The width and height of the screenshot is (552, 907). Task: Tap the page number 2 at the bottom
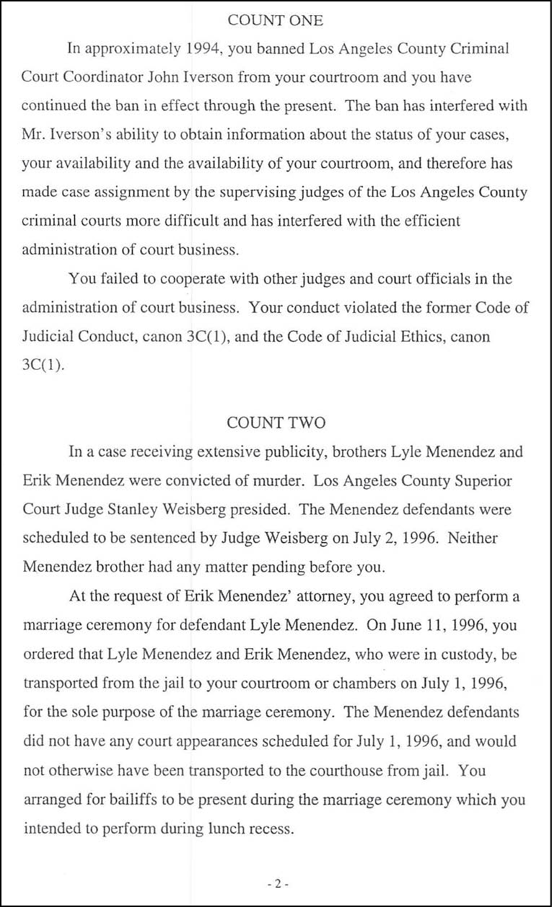(276, 883)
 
